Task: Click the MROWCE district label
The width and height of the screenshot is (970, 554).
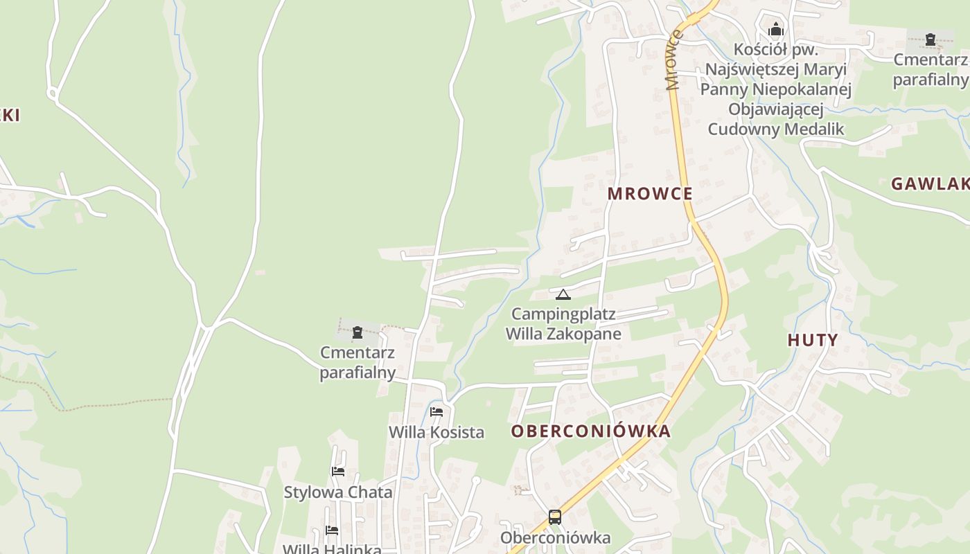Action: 650,193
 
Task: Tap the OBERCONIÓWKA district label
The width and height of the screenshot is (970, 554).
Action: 591,431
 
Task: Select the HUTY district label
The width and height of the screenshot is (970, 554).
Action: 813,340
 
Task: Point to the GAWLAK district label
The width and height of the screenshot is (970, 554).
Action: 930,184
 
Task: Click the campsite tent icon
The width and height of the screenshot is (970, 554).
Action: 563,295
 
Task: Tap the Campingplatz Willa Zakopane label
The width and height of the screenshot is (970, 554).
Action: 563,324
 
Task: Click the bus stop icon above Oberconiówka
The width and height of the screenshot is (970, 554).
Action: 555,517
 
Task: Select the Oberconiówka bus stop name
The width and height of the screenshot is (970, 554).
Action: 556,538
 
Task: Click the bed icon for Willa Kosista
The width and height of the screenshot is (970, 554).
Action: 436,411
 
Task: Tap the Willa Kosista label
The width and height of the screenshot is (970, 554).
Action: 436,433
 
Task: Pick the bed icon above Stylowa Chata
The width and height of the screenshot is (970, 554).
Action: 338,472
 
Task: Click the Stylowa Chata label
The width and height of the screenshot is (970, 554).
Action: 338,492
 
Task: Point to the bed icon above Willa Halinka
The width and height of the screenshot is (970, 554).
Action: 332,530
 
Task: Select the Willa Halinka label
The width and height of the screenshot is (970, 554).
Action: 332,549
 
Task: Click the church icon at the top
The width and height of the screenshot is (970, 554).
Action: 776,30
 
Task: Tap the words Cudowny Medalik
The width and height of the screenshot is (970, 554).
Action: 776,129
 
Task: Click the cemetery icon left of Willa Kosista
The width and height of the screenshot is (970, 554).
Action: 358,332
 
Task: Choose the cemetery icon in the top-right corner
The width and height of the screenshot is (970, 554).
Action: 931,39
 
